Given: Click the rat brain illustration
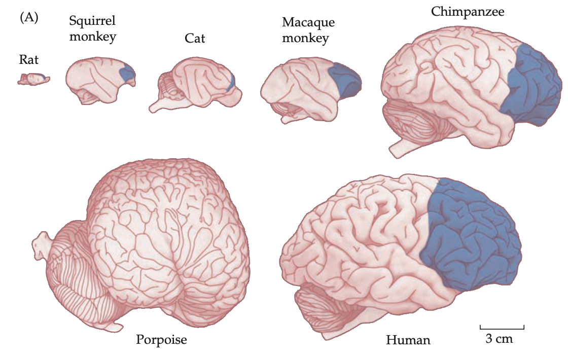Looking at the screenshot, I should [x=33, y=79].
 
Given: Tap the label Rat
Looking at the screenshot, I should [x=28, y=60].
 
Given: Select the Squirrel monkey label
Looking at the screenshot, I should [x=92, y=28].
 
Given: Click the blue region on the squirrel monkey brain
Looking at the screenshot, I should [x=128, y=74].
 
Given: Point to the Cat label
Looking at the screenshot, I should [x=195, y=38].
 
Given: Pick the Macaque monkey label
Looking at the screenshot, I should [x=308, y=30].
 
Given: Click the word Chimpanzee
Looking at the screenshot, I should [x=468, y=12].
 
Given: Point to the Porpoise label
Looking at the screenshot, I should [x=161, y=339].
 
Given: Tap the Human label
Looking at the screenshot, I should [x=408, y=340].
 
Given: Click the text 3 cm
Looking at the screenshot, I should [x=499, y=339].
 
